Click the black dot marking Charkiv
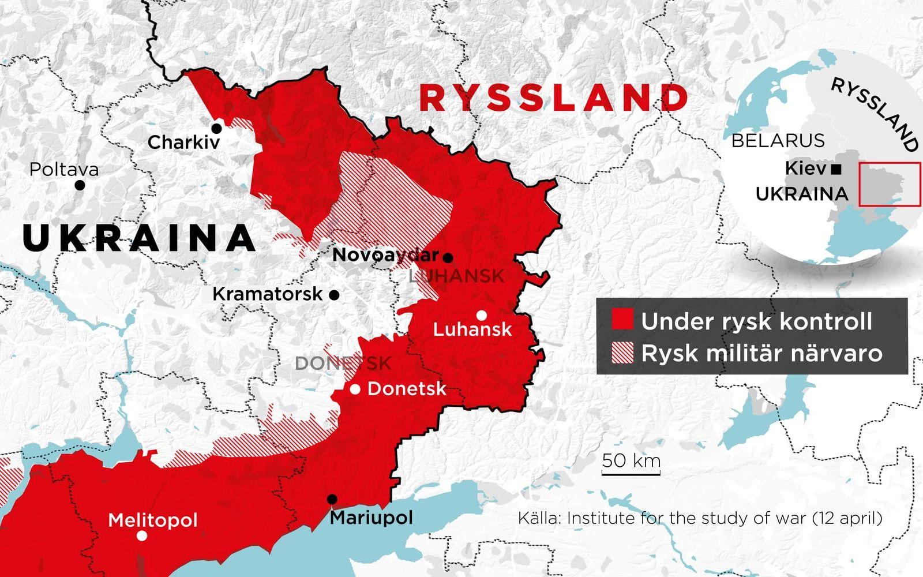(217, 128)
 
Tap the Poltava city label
(64, 170)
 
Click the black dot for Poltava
(80, 185)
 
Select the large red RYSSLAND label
(554, 98)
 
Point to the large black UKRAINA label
(139, 238)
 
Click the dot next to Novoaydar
(448, 257)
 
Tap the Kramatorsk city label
(268, 294)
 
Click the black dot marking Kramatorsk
(333, 295)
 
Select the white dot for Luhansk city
(481, 315)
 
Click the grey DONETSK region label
(343, 364)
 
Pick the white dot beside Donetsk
(355, 389)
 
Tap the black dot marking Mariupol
(332, 499)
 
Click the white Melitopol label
(153, 520)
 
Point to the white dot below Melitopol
(142, 535)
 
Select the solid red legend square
(622, 319)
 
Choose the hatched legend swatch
(622, 353)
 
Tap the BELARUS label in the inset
(778, 140)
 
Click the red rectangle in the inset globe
(889, 184)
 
